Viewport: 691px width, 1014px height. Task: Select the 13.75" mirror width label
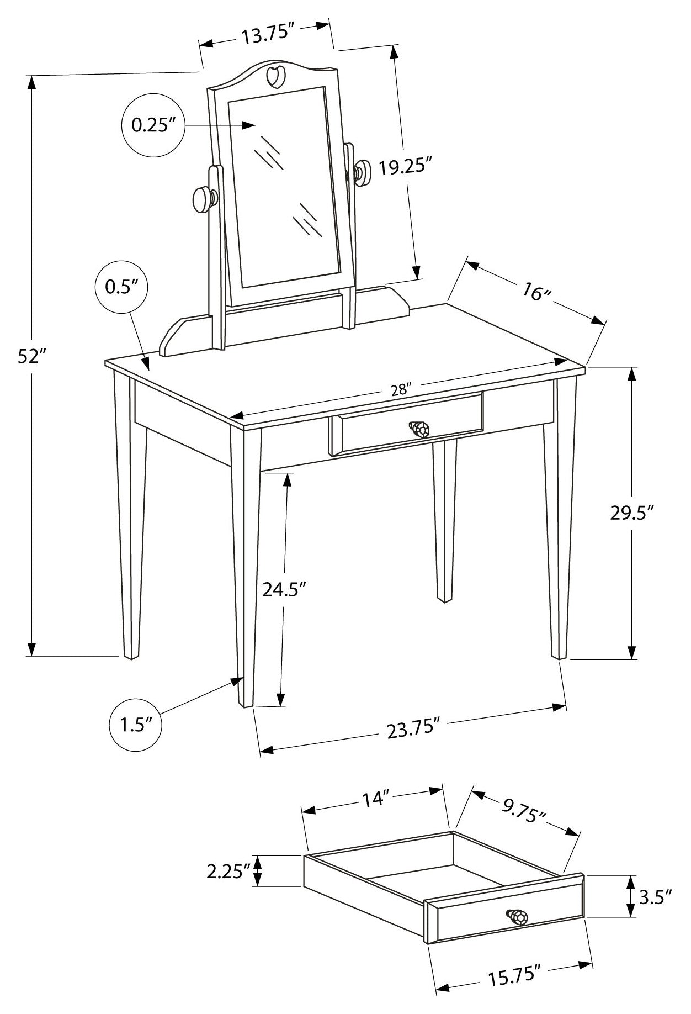(x=266, y=34)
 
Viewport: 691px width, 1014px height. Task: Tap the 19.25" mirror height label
(x=405, y=166)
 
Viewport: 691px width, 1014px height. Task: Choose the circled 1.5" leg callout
(x=135, y=725)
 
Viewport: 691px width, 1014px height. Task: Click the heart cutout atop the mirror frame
(x=275, y=76)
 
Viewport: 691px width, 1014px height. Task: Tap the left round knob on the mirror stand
(x=204, y=199)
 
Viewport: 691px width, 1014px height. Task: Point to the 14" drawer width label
(x=376, y=799)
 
